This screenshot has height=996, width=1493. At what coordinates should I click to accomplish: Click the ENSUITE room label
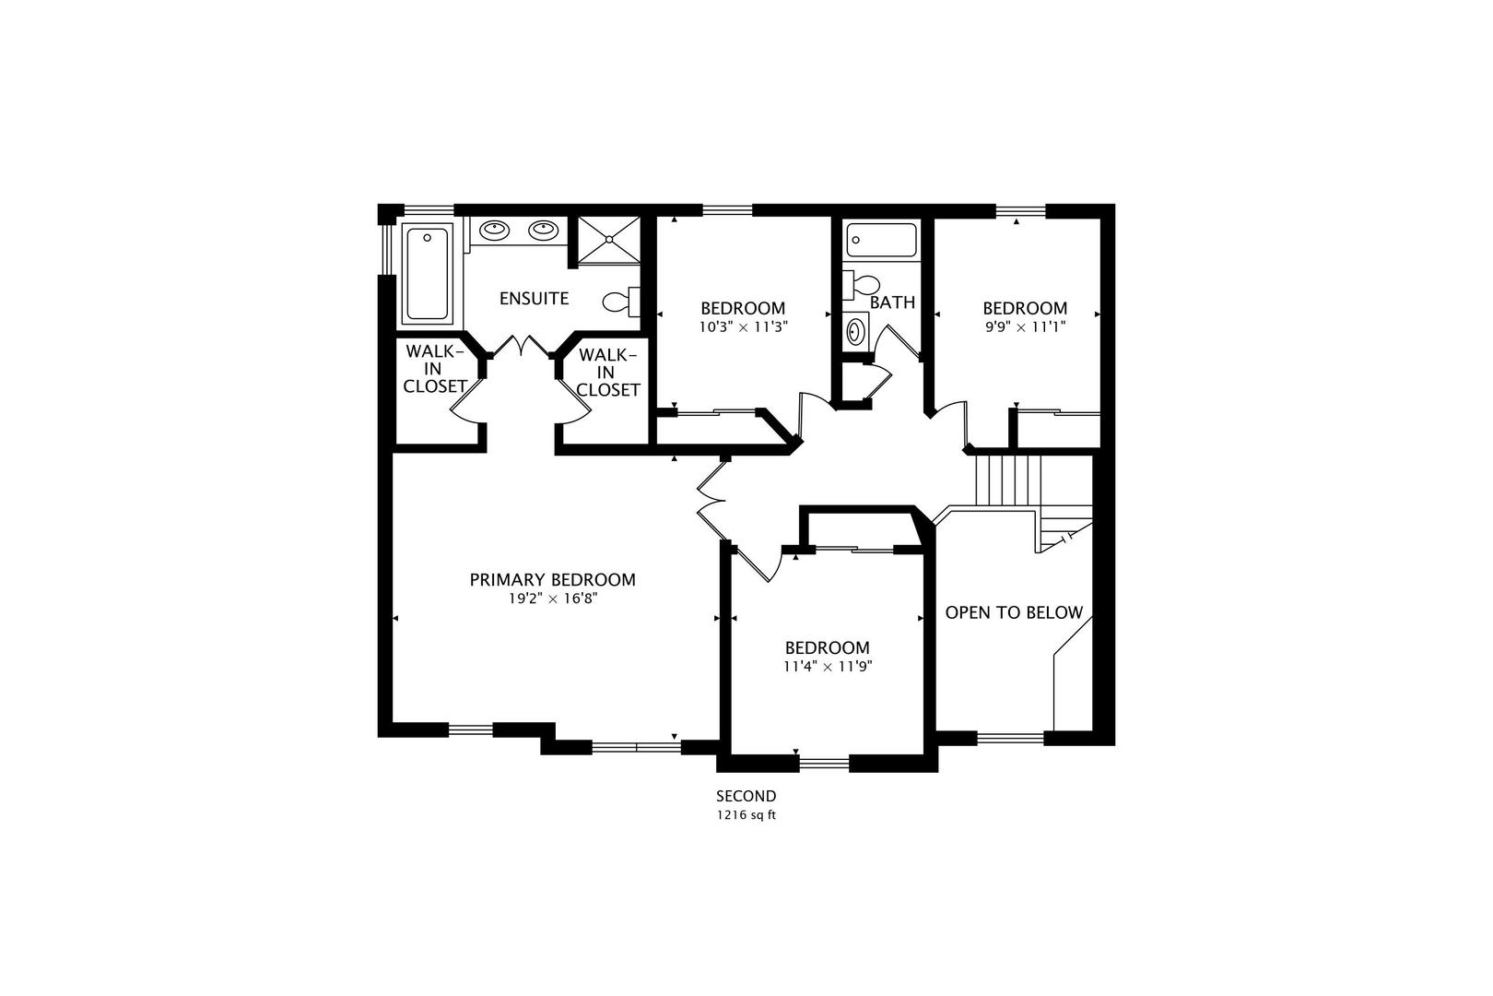click(x=534, y=298)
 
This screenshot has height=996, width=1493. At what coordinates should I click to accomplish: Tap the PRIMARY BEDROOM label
click(x=553, y=580)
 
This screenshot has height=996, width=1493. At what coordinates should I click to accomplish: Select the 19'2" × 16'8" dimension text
click(x=553, y=599)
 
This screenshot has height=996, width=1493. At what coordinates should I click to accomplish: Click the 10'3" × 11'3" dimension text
click(x=743, y=327)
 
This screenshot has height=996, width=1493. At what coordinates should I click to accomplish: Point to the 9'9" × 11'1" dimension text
click(x=1025, y=327)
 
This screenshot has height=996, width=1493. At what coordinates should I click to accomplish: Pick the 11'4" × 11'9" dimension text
click(x=828, y=667)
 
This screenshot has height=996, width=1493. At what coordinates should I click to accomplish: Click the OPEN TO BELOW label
click(x=1014, y=612)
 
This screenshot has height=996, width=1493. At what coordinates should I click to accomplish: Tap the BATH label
click(x=892, y=302)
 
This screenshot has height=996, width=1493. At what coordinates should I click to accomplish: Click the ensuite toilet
click(x=622, y=302)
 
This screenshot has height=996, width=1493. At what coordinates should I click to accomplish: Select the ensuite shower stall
click(x=608, y=240)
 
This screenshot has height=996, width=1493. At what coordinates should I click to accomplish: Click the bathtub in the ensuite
click(x=428, y=274)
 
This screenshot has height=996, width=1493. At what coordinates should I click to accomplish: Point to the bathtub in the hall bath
click(x=881, y=240)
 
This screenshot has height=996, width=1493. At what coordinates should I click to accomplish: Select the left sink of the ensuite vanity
click(x=494, y=231)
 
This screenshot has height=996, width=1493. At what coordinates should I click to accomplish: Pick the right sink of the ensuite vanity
click(x=543, y=231)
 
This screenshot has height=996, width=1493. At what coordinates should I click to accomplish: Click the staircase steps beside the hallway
click(x=1008, y=480)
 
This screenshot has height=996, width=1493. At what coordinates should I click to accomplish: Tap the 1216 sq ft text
click(x=746, y=815)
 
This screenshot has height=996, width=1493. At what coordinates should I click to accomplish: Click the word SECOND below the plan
click(x=746, y=796)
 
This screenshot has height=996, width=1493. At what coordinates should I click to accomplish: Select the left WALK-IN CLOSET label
click(x=434, y=369)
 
